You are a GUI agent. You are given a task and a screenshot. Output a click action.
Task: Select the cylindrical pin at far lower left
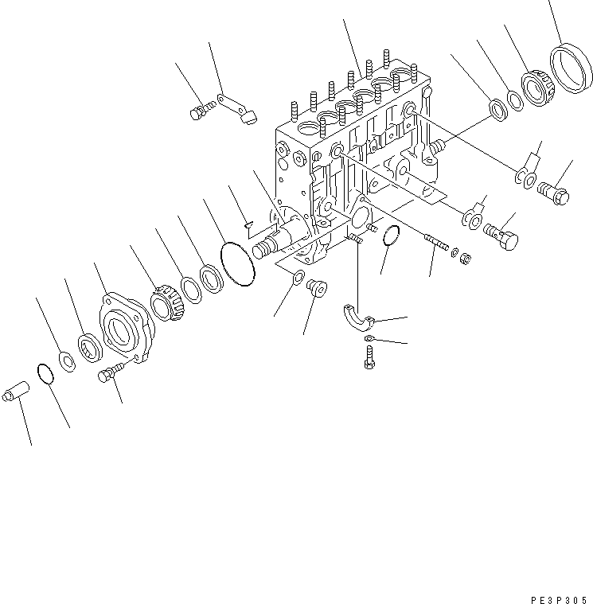[18, 392]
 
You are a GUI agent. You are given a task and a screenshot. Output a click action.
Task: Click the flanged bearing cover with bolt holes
[126, 329]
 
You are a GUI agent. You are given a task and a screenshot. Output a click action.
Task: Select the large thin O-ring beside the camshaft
[236, 263]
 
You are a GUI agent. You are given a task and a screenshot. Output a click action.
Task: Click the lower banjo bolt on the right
[501, 232]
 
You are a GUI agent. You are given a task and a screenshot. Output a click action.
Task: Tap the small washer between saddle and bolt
[369, 340]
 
